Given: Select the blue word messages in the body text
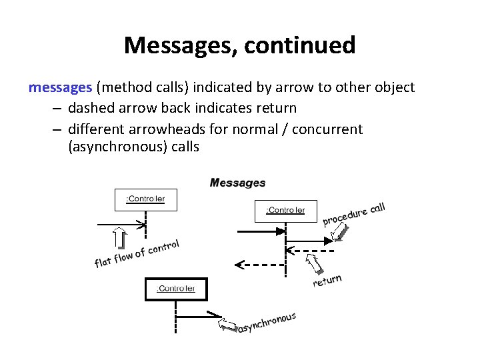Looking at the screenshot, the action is point(60,87).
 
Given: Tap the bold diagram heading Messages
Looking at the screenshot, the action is point(238,183).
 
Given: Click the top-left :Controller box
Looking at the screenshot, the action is point(145,199).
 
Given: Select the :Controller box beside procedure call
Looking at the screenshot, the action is point(285,211).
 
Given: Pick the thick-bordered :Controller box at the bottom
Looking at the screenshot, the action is point(176,289).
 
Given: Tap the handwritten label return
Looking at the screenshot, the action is point(328,281).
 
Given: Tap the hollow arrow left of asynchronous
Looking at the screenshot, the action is point(227,325).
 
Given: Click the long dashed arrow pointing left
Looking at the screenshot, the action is point(263,264).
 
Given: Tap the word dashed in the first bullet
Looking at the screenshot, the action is point(89,107).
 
